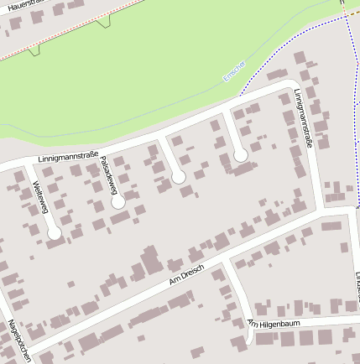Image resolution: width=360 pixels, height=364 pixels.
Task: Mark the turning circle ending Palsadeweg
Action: (118, 202)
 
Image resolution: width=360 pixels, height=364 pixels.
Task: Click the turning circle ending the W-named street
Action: (55, 233)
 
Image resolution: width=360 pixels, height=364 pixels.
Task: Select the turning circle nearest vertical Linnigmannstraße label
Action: (240, 155)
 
